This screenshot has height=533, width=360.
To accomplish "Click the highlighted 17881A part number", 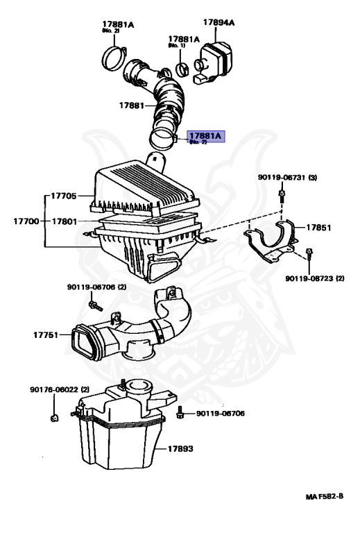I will point(206,136).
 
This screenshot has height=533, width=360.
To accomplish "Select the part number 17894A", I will point(219,22).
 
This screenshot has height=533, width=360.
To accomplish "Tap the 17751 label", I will point(47,335).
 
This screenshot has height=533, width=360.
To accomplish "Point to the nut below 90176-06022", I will point(54,418).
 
